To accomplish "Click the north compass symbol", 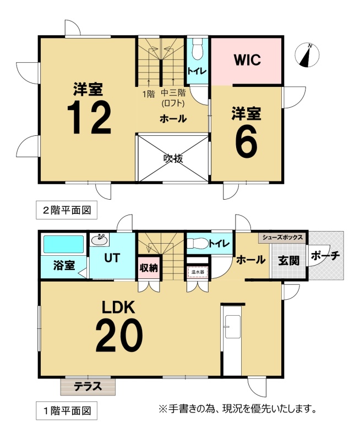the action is [x=307, y=56].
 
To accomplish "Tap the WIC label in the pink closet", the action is [x=247, y=59].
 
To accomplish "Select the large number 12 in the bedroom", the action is [x=89, y=117].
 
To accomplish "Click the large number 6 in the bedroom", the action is [x=246, y=141].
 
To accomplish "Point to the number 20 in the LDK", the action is [x=119, y=335].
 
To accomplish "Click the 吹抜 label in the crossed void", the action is [x=173, y=158].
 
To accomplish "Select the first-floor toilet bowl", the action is [x=198, y=243].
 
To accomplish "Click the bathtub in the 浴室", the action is [x=63, y=244].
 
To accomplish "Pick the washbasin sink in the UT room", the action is [x=100, y=240].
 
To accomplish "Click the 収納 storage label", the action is [x=149, y=268].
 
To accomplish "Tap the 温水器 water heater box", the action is [x=198, y=272].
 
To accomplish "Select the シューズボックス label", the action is [x=283, y=238].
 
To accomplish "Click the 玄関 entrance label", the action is [x=288, y=261].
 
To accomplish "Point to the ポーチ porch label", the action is [x=325, y=256].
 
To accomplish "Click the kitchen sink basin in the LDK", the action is [x=232, y=327].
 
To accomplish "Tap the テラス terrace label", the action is [x=88, y=387].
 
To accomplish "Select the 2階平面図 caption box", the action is [x=67, y=210].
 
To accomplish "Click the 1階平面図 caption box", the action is [x=67, y=411].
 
